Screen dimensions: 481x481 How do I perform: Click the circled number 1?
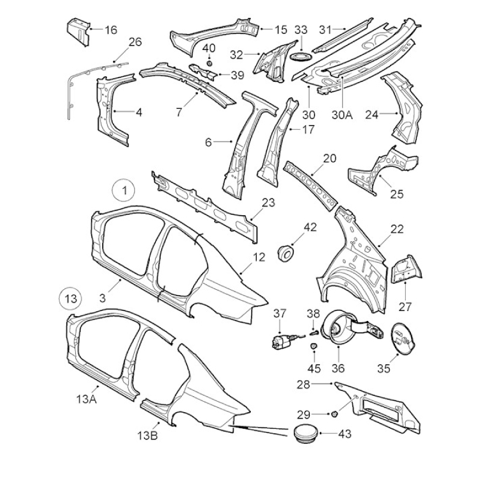(124, 191)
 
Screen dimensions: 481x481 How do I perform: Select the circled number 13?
(71, 298)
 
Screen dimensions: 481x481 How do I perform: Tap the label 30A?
(342, 115)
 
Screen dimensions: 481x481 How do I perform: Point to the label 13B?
(147, 435)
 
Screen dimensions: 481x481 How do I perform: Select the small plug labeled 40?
(209, 63)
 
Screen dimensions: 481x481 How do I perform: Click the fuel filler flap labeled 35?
(403, 339)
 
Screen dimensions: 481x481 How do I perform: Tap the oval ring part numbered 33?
(301, 57)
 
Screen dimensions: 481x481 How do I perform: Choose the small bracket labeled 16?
(78, 32)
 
